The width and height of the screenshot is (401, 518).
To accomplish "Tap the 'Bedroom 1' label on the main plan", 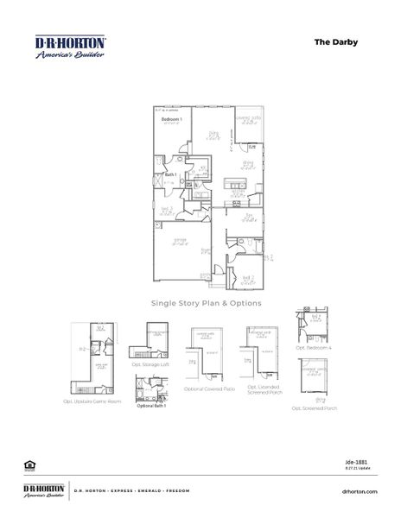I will point(169,118).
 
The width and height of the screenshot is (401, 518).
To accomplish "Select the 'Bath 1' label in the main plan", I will point(170,175).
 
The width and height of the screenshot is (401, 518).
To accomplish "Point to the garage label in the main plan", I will point(180,239).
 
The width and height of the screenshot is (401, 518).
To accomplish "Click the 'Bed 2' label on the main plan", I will point(247,277).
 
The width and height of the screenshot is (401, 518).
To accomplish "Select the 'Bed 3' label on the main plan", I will point(167,208).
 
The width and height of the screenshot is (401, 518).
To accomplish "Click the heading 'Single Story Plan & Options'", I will point(207,303).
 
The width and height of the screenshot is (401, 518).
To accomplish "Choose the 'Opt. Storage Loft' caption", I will point(150,364).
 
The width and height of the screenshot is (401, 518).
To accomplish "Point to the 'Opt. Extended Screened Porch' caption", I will point(262,392).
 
